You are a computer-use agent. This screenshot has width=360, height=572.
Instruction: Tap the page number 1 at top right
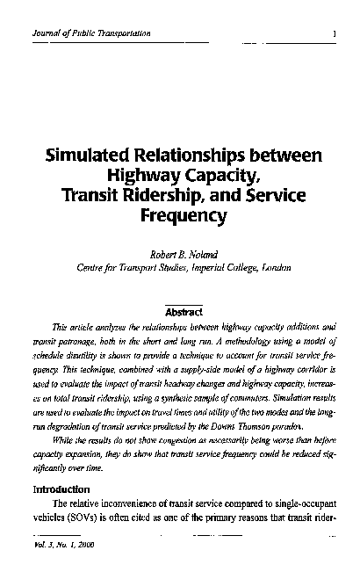coord(336,33)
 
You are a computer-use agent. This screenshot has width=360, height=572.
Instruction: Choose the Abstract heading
coord(184,312)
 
